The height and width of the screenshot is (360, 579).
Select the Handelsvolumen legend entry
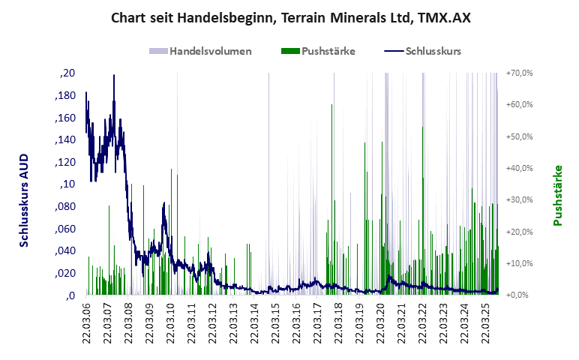(x=210, y=52)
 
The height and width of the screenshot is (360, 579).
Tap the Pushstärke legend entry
(x=328, y=52)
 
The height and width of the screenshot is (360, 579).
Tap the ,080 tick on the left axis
(x=65, y=206)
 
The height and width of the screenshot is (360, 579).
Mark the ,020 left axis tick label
(x=65, y=273)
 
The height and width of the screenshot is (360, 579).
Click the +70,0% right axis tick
(x=519, y=73)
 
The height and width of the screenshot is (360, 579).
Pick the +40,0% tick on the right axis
(x=519, y=168)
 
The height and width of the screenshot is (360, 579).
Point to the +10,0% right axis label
(x=519, y=263)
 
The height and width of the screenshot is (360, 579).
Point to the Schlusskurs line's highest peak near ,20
(x=114, y=76)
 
